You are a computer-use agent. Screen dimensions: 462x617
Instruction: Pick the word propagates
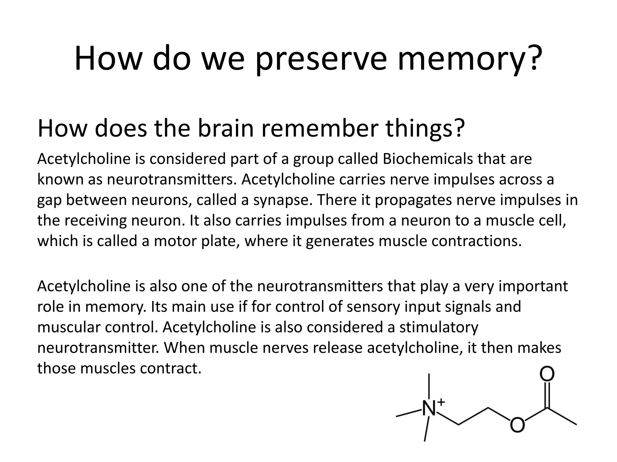413,200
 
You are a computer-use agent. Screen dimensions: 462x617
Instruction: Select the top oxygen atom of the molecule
547,374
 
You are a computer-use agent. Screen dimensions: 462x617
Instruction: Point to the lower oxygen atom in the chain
517,425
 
